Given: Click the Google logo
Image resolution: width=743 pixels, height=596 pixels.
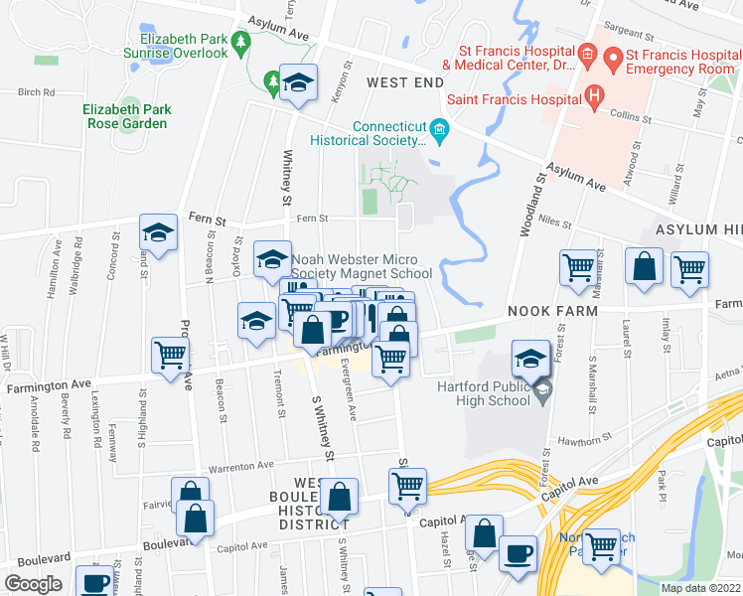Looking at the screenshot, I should click(x=33, y=584).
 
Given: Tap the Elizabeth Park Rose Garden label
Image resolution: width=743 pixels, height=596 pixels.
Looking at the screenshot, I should click(x=127, y=116).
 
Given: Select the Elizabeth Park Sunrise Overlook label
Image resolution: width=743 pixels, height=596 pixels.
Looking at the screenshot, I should click(x=177, y=46).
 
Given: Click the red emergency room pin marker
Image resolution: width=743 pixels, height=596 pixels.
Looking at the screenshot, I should click(x=613, y=61).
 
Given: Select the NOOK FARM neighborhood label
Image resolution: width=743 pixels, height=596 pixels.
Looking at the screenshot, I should click(x=554, y=311).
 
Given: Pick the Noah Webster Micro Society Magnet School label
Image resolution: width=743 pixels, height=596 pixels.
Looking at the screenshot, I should click(x=362, y=266).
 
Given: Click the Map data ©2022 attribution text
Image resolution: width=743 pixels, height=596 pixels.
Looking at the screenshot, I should click(x=701, y=588).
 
